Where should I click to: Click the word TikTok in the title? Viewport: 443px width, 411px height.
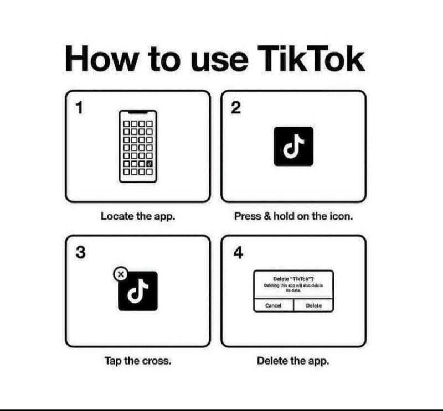click(311, 59)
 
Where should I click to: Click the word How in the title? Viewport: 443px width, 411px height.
click(100, 59)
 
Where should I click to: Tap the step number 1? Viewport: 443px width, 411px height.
click(79, 107)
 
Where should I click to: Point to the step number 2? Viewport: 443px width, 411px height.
click(236, 107)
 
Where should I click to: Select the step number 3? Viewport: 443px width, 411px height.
click(80, 252)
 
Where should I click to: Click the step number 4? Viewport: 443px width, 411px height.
click(238, 252)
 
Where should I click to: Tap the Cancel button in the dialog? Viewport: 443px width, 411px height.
click(273, 305)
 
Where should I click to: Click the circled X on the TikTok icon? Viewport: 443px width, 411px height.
click(121, 274)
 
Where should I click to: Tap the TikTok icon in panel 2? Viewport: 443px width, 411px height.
click(293, 146)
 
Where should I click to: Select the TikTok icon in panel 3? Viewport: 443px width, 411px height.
click(138, 291)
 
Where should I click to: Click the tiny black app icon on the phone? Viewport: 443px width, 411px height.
click(149, 164)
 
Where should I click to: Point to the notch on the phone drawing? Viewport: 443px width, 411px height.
click(138, 112)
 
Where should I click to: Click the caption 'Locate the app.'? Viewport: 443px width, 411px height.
click(138, 216)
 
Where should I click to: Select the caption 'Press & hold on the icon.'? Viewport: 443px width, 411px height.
click(293, 216)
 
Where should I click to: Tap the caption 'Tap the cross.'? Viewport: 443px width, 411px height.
click(138, 361)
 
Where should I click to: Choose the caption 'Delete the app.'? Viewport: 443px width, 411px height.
click(293, 361)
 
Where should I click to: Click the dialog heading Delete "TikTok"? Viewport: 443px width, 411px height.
click(293, 279)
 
